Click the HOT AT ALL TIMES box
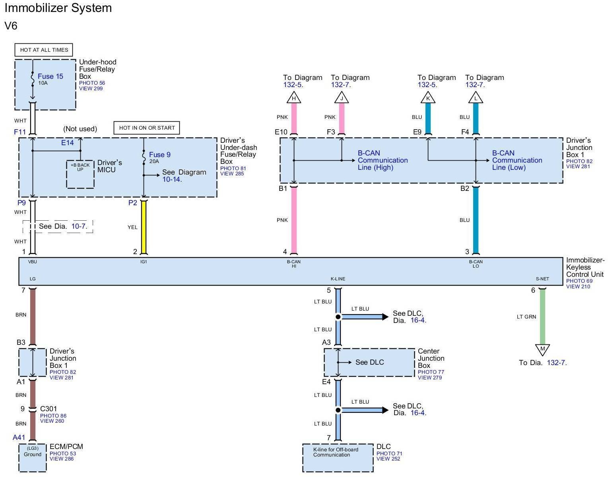coord(44,50)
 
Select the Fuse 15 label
coord(51,76)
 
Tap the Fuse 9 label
coord(160,155)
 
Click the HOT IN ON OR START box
coord(147,128)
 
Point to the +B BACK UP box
coord(80,174)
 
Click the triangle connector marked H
coord(294,98)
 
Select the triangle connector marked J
coord(342,98)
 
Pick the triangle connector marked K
coord(428,98)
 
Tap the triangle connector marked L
coord(476,98)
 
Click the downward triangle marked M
coord(542,349)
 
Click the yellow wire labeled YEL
coord(144,227)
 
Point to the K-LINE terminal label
coord(338,279)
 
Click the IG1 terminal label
coord(144,262)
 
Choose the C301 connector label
coord(49,409)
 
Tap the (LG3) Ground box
coord(33,458)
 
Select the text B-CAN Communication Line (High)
coord(383,160)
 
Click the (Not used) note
coord(80,129)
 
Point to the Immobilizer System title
coord(58,8)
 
